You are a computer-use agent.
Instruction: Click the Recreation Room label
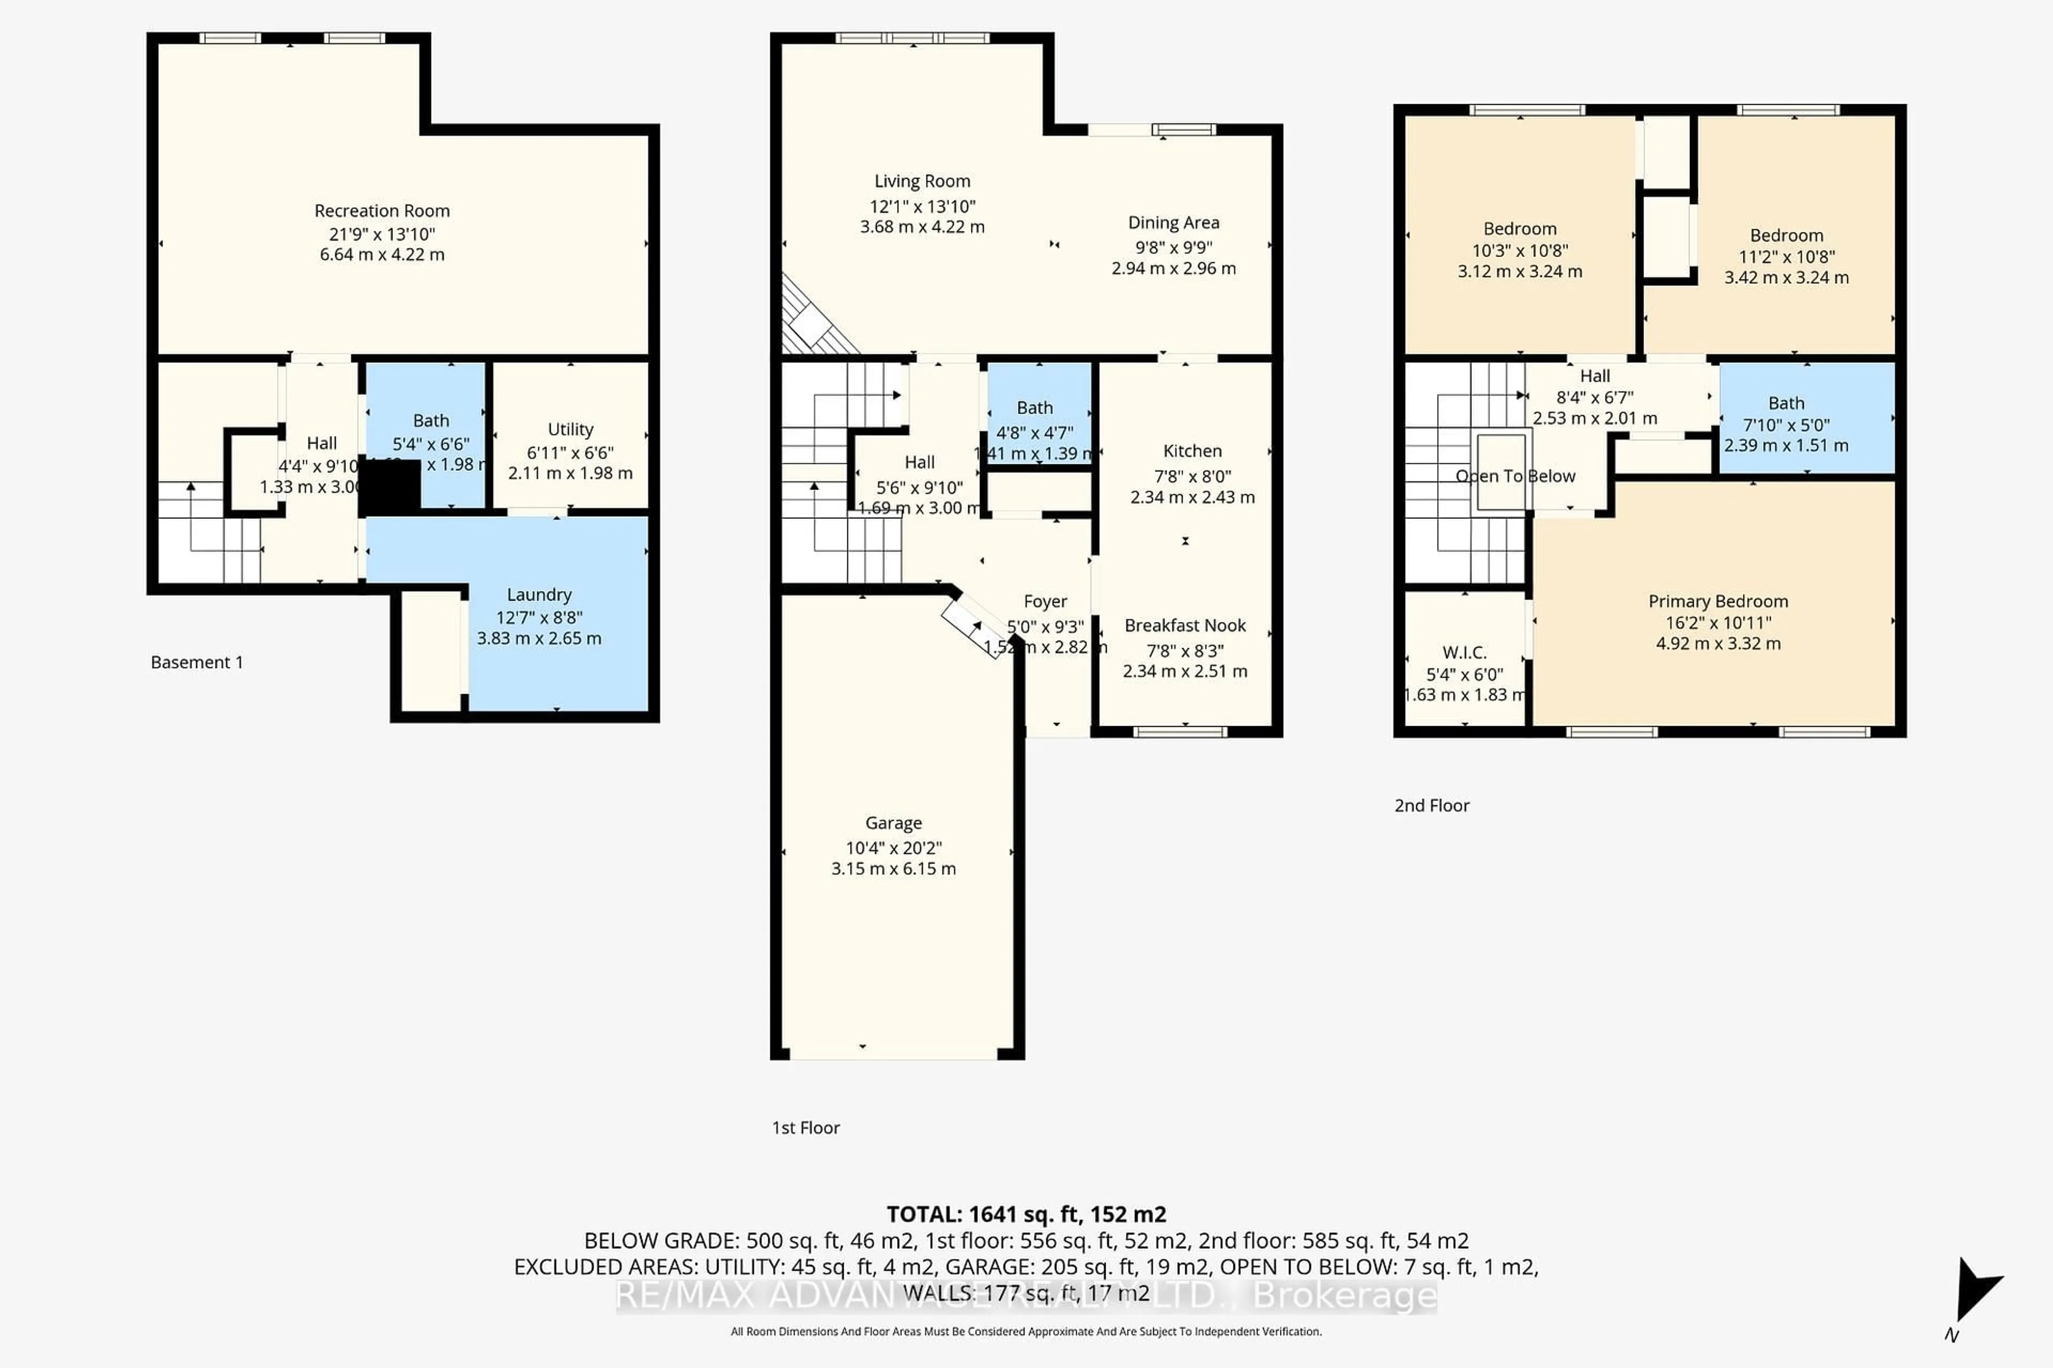(x=381, y=211)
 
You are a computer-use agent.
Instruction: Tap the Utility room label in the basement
(x=570, y=429)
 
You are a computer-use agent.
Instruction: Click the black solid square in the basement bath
(x=390, y=488)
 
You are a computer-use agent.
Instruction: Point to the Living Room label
(x=922, y=182)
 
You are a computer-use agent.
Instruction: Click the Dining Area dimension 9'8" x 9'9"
(x=1173, y=248)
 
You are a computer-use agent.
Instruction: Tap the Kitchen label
(x=1192, y=451)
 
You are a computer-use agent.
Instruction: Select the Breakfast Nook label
(x=1185, y=626)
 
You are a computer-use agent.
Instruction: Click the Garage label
(x=893, y=823)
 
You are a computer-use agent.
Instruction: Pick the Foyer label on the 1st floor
(x=1045, y=602)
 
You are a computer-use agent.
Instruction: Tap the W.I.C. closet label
(x=1464, y=652)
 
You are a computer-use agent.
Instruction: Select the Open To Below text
(x=1515, y=476)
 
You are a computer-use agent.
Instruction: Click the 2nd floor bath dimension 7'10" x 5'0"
(x=1785, y=425)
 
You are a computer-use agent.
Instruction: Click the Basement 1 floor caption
(x=196, y=662)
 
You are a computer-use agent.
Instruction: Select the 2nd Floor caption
(x=1432, y=805)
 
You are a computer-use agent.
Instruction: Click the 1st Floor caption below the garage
(x=805, y=1128)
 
